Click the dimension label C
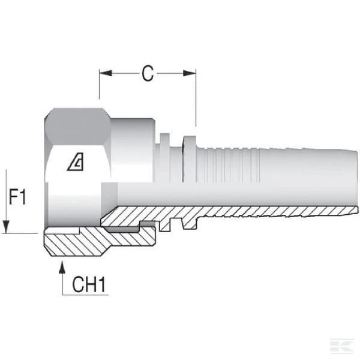(148, 73)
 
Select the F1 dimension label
(17, 197)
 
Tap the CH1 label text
(89, 284)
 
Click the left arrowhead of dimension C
(106, 73)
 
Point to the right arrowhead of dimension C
(190, 73)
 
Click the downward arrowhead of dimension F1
(6, 227)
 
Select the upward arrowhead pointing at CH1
(62, 267)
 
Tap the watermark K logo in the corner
(341, 346)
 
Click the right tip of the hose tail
(358, 210)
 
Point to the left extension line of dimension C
(100, 84)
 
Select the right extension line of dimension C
(196, 98)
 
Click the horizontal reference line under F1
(20, 233)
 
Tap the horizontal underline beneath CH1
(85, 295)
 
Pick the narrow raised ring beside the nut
(165, 158)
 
